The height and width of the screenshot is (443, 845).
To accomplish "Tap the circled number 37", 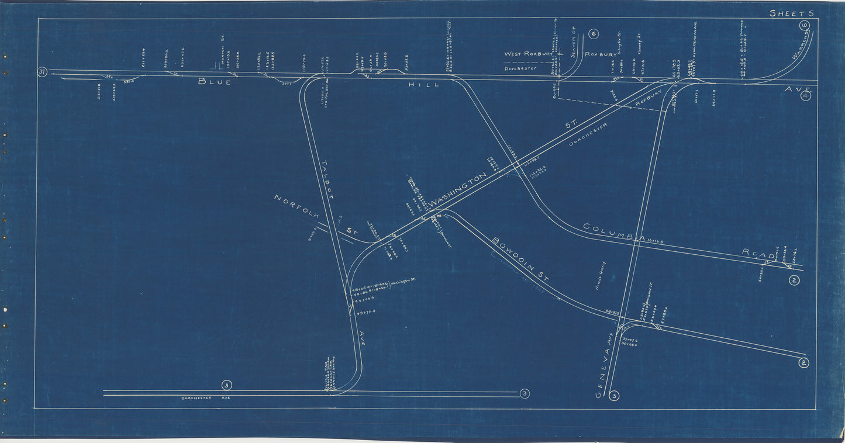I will coord(42,72).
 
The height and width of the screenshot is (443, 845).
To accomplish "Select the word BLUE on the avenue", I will coord(214,82).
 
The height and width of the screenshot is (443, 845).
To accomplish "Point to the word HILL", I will coord(423,85).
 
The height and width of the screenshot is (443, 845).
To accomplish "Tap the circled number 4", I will coord(805,96).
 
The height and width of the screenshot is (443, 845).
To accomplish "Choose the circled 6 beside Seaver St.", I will coord(594,34).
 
